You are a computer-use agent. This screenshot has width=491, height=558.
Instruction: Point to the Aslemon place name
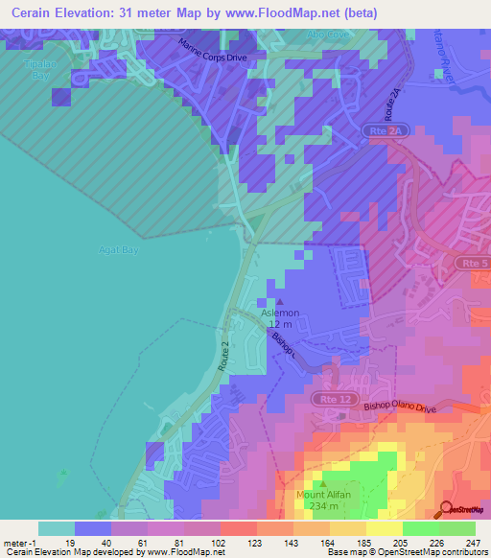(x=281, y=314)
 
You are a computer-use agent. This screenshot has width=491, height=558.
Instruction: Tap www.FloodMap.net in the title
(x=292, y=13)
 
